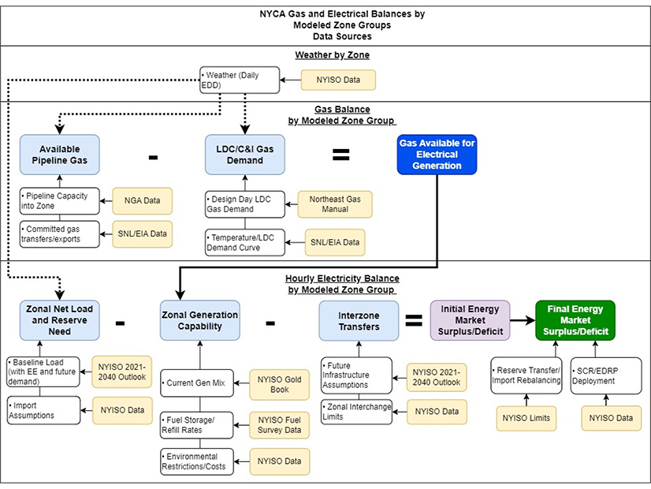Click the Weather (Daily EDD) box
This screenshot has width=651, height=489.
tap(239, 80)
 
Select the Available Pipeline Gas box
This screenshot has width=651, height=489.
tap(60, 155)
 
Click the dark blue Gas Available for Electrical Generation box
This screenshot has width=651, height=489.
tap(437, 155)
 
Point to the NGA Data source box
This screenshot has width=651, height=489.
tap(141, 201)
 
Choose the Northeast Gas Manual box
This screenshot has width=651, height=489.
tap(336, 203)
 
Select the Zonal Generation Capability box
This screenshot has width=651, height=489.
tap(199, 320)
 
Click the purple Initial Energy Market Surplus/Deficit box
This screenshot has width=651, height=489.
tap(471, 320)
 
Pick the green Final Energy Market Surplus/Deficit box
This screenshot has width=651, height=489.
tap(575, 320)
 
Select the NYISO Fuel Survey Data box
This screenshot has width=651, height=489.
tap(280, 425)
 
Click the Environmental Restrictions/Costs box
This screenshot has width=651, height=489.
tap(196, 461)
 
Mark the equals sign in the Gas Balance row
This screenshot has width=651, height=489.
tap(340, 155)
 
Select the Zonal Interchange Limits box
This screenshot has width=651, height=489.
tap(355, 412)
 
